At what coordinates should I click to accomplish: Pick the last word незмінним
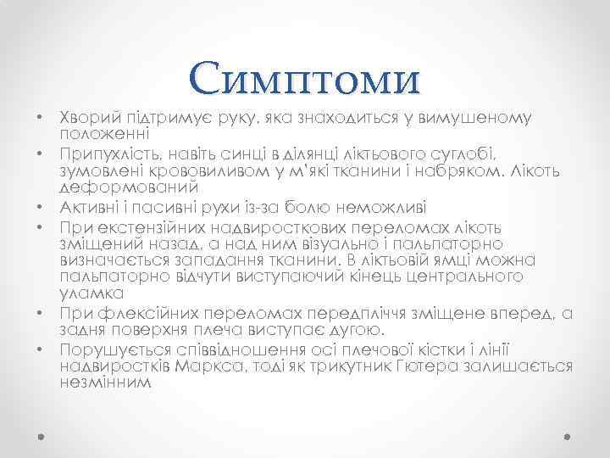pyautogui.click(x=106, y=383)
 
